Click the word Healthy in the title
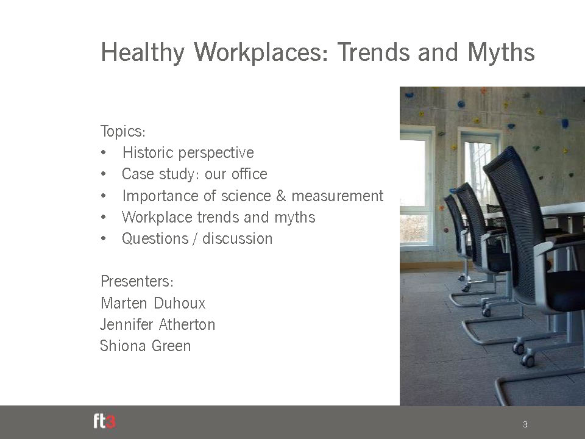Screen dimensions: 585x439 [x=143, y=52]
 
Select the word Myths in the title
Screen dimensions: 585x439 [x=501, y=52]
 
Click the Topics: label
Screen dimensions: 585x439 [x=122, y=132]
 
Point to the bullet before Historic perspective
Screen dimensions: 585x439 [x=104, y=152]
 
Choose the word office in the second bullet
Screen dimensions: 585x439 [x=249, y=174]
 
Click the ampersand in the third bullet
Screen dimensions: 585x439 [x=281, y=196]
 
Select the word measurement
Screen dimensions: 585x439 [x=337, y=196]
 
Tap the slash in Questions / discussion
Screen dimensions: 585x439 [x=195, y=239]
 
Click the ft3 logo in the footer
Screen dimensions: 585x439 [x=104, y=422]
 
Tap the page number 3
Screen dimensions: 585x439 [x=525, y=424]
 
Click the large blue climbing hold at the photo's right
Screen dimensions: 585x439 [x=565, y=123]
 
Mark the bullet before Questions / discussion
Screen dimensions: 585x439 [x=104, y=238]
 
